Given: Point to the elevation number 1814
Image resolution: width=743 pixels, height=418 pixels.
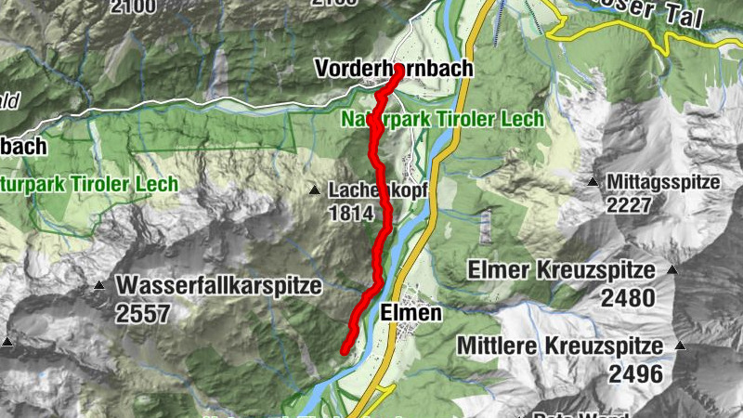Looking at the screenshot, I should click(350, 214).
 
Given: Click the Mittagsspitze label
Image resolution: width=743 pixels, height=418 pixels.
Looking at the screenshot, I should click(664, 182).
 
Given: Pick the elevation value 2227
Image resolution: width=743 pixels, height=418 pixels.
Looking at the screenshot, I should click(629, 204).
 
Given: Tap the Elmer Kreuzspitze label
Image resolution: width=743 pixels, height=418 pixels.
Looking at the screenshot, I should click(562, 271).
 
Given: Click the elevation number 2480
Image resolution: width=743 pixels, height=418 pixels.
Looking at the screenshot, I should click(628, 298).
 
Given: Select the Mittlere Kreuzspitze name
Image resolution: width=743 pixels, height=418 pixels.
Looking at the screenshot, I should click(560, 347).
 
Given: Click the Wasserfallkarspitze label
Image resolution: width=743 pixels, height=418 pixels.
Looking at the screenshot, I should click(219, 285).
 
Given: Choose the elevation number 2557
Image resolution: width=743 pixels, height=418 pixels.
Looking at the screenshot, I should click(143, 313).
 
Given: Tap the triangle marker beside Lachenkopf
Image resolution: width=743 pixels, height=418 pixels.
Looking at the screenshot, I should click(315, 190).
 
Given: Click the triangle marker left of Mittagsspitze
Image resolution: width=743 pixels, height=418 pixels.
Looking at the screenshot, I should click(593, 182).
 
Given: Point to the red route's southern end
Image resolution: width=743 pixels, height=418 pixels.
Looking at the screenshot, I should click(343, 350).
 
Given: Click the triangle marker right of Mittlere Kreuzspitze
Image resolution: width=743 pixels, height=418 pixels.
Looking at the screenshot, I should click(681, 346).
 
